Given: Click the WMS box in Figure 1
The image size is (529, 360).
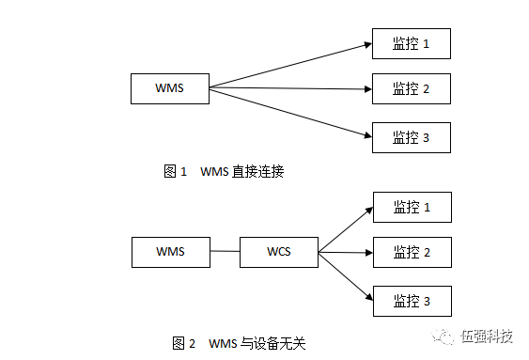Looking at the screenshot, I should [x=169, y=88].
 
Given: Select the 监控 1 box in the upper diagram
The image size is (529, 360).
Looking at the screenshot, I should [x=412, y=43].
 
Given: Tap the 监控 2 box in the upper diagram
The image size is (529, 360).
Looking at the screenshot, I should [x=412, y=88].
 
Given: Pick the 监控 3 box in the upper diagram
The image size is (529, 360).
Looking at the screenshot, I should [x=412, y=137].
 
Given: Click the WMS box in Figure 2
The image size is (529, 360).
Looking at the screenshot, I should [x=170, y=252].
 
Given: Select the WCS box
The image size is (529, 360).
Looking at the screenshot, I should [x=278, y=252].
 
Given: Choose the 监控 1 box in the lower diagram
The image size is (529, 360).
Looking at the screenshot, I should [x=412, y=207].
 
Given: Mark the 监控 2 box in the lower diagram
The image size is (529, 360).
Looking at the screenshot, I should [x=412, y=252].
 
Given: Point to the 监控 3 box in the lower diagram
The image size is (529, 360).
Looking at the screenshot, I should [x=412, y=301].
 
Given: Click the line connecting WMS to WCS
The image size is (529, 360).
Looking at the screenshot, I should [x=225, y=252].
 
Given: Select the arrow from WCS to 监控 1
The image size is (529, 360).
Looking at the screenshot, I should [x=345, y=229].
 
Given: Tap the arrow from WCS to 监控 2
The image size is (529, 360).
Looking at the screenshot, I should [x=345, y=252].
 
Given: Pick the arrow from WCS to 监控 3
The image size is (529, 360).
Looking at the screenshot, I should [x=345, y=275].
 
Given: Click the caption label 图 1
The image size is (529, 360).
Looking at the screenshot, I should [x=176, y=171].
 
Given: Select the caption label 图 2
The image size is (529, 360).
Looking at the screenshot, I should [x=183, y=342].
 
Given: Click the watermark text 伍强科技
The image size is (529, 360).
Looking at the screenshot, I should [x=486, y=337].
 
